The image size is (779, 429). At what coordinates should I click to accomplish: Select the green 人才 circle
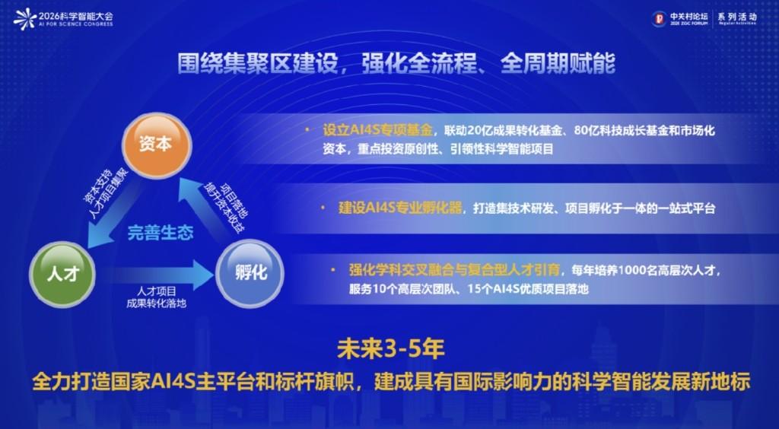(x=62, y=274)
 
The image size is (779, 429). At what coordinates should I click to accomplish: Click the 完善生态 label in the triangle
(x=161, y=233)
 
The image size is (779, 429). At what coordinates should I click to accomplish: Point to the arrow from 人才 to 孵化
(x=158, y=272)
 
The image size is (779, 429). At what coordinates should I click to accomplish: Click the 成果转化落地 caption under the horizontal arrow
(x=157, y=303)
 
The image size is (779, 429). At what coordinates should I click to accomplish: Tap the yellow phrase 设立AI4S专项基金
(x=377, y=131)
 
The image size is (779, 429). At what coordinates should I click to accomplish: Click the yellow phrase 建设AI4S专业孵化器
(x=400, y=208)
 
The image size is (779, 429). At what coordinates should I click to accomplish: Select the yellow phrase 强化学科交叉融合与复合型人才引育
(x=454, y=270)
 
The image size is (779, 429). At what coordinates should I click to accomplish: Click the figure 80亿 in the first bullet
(x=587, y=131)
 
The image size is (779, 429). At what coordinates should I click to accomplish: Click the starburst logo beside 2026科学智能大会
(x=25, y=19)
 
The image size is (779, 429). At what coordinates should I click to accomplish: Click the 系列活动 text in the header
(x=737, y=16)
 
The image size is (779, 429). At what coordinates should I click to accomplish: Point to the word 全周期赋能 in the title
(x=558, y=64)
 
